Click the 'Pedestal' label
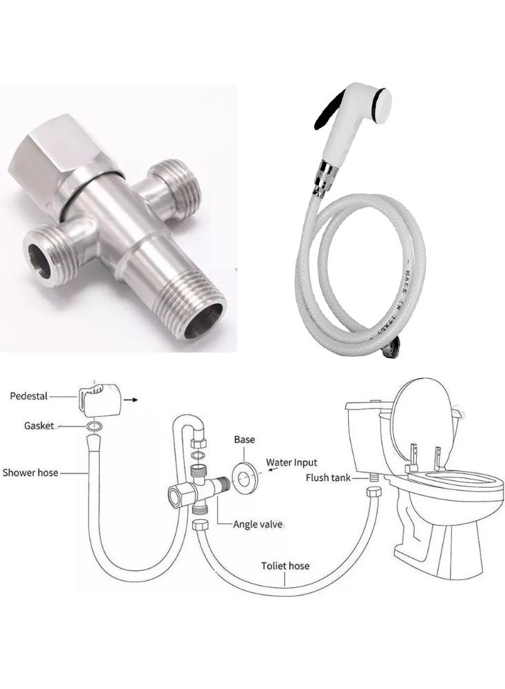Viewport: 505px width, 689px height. click(29, 395)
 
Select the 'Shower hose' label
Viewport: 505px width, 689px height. click(30, 473)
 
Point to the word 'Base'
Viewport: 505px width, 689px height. click(245, 439)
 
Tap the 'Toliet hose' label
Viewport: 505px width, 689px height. click(285, 566)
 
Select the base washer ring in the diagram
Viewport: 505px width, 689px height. click(245, 476)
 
